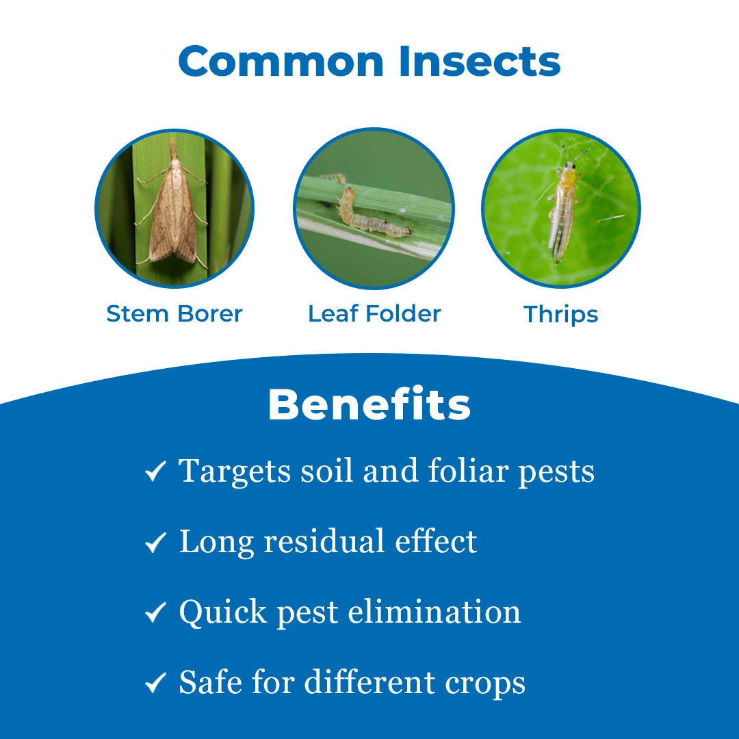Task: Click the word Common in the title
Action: (x=281, y=61)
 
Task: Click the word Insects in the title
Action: (x=479, y=61)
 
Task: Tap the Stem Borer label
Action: (x=174, y=314)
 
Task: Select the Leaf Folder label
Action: (x=374, y=314)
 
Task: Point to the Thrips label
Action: (x=561, y=315)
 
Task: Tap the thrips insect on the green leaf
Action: (x=564, y=207)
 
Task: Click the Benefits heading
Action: (x=369, y=404)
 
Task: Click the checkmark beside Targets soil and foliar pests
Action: (x=155, y=471)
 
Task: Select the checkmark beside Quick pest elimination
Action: (x=155, y=612)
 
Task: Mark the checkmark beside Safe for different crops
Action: (x=155, y=682)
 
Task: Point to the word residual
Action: (x=324, y=541)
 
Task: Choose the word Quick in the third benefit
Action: (x=223, y=612)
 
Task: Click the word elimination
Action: (x=434, y=612)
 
